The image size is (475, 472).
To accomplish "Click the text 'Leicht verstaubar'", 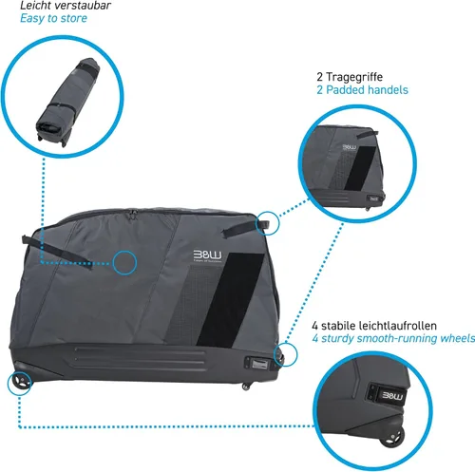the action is [66, 5].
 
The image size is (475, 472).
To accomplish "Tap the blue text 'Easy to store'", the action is [53, 18].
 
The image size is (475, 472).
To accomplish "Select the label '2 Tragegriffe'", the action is [350, 77].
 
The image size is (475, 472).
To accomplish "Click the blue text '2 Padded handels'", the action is [362, 90].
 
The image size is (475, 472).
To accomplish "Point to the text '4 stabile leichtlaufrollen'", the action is [374, 326].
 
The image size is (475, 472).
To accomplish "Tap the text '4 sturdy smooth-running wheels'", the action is [393, 338].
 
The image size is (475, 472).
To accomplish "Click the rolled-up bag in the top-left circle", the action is [67, 102].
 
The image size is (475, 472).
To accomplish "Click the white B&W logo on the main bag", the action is [208, 255].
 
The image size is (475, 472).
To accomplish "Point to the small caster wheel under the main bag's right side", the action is [246, 386].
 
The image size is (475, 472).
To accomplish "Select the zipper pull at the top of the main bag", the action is [133, 214].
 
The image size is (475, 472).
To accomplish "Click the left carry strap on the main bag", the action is [57, 252].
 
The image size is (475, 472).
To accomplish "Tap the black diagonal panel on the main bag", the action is [230, 299].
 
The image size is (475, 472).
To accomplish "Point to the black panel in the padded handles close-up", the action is [360, 168].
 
